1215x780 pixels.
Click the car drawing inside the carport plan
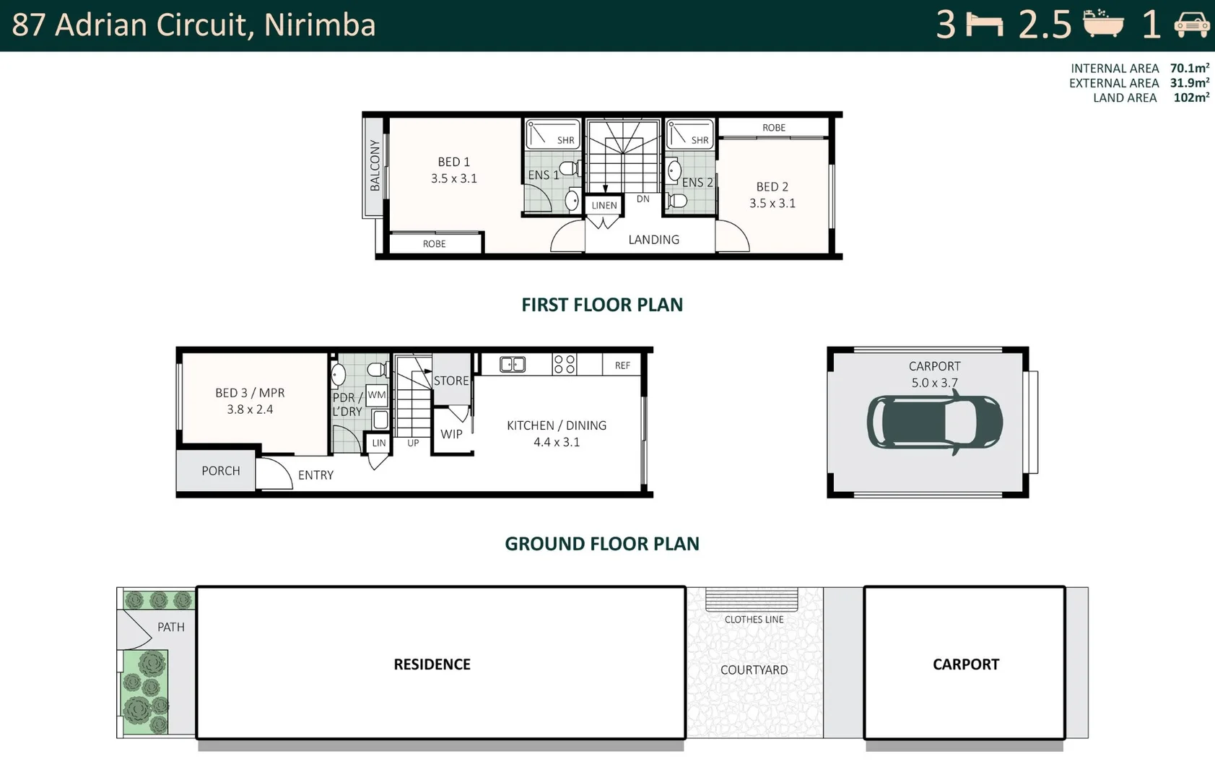point(934,422)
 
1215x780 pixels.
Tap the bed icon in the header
point(984,25)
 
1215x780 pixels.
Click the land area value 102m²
point(1190,98)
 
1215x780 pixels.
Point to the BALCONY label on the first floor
point(375,165)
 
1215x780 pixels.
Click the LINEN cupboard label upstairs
point(604,205)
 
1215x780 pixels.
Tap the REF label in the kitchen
point(622,365)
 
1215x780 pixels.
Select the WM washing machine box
point(377,395)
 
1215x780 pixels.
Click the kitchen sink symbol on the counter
point(513,365)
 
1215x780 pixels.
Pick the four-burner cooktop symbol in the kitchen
point(565,364)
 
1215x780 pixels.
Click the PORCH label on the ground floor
point(220,471)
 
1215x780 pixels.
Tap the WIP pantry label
point(451,434)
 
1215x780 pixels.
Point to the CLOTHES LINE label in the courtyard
point(754,620)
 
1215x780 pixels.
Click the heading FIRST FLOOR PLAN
point(602,305)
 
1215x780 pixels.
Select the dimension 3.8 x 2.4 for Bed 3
point(250,409)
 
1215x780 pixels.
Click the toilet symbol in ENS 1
point(569,168)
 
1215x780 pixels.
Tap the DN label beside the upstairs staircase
point(643,199)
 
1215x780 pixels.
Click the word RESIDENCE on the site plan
point(432,664)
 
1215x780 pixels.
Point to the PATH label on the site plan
point(171,627)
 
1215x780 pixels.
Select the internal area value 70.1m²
point(1189,68)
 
